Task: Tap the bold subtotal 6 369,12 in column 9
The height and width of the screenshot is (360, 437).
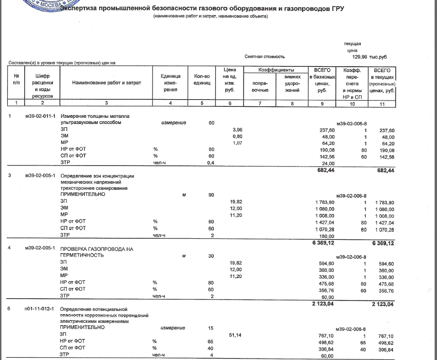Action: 323,243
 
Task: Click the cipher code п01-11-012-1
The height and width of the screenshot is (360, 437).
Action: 40,309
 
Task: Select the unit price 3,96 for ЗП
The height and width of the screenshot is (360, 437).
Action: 237,130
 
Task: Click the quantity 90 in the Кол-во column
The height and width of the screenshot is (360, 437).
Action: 211,195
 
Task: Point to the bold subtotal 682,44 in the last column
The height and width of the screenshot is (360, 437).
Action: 385,170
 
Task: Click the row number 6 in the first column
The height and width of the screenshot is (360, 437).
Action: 10,309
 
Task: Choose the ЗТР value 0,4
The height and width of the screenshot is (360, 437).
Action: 211,163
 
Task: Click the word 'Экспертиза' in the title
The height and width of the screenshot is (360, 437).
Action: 81,9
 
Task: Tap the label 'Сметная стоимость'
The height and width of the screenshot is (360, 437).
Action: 264,57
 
